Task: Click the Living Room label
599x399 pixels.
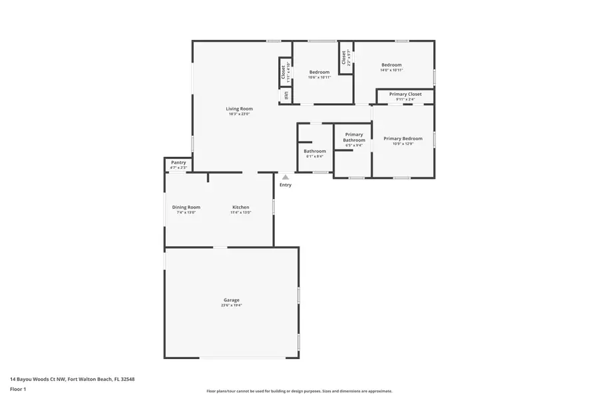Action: (239, 108)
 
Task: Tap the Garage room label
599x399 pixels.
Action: (231, 300)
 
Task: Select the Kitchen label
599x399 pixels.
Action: (240, 207)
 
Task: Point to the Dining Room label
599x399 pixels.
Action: (186, 207)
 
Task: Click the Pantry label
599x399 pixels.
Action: (178, 162)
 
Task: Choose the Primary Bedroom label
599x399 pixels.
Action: (403, 138)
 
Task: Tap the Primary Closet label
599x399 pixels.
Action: (405, 94)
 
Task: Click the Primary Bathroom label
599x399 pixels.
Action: (353, 138)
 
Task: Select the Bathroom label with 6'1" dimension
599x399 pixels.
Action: (315, 151)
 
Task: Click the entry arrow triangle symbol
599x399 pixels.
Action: (285, 177)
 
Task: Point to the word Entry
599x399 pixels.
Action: (285, 185)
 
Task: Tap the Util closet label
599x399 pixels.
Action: (286, 95)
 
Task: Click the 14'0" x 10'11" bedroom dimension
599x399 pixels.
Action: (391, 70)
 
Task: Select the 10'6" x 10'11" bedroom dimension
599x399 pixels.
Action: (319, 77)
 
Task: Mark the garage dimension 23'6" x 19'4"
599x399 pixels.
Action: (232, 305)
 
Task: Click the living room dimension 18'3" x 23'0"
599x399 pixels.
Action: (239, 114)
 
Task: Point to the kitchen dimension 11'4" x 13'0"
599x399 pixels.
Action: (240, 212)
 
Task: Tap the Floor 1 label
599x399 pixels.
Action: (18, 388)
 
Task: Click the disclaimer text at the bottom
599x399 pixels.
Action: (299, 391)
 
